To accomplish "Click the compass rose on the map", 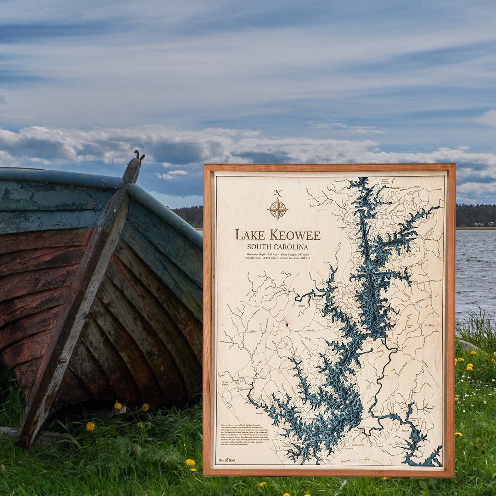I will (x=278, y=209).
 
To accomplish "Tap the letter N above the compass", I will (x=277, y=193).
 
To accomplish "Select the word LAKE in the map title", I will (x=250, y=235).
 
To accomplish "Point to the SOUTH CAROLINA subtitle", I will (x=277, y=247).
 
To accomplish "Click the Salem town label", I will (x=302, y=305).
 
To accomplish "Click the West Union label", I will (x=225, y=383).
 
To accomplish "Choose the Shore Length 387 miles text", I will (x=293, y=254).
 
